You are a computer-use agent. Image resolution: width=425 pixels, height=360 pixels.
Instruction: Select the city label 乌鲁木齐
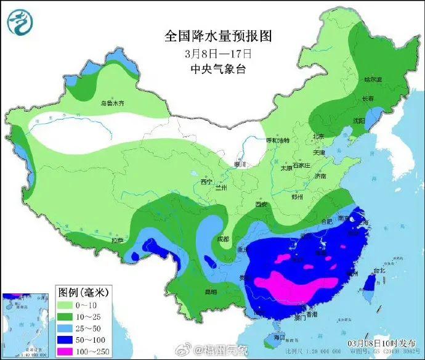click(113, 104)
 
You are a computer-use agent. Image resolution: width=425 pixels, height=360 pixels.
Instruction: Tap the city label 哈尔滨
click(373, 80)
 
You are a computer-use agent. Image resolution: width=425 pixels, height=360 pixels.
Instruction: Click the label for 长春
click(368, 99)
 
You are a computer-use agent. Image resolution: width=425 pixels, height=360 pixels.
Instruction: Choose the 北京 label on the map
click(318, 136)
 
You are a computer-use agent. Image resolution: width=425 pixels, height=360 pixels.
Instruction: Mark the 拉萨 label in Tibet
click(117, 240)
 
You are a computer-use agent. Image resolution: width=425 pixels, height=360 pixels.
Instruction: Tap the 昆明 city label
click(211, 290)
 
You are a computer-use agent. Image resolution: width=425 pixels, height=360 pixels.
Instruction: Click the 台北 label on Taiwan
click(379, 270)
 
